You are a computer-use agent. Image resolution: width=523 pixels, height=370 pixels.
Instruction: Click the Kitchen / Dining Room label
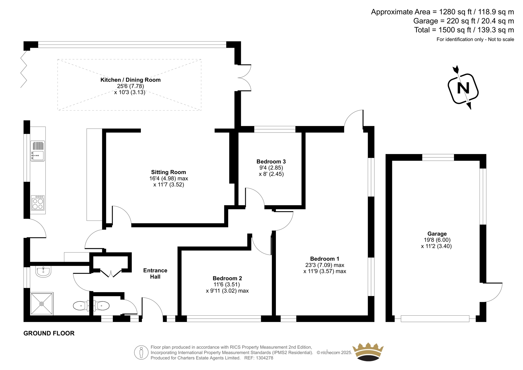tap(130, 80)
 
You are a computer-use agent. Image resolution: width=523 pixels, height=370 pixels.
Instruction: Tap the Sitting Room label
tap(169, 172)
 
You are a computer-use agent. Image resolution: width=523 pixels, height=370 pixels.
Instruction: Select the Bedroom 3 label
tap(271, 162)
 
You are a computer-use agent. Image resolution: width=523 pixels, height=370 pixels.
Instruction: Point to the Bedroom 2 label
tap(227, 278)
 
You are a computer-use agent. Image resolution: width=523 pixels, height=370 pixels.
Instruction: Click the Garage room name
tap(437, 234)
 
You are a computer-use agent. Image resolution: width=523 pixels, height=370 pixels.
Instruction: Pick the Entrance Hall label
tap(155, 273)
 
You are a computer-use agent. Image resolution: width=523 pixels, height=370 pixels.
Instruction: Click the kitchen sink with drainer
tap(38, 151)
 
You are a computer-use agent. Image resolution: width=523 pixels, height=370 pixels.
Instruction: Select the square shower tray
tap(42, 304)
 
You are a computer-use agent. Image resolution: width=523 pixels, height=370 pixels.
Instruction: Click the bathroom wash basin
tap(43, 272)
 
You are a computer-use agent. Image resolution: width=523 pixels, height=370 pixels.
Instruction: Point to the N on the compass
tap(463, 88)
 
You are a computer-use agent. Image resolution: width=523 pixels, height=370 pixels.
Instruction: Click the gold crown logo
tap(368, 352)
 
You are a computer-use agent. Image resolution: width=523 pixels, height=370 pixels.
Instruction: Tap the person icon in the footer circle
tap(141, 352)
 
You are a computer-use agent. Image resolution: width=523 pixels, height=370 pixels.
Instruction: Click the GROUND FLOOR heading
tap(49, 333)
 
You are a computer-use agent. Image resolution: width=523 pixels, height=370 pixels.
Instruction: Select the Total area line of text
tap(464, 30)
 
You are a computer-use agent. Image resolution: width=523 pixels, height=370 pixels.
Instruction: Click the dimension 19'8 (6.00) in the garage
tap(437, 240)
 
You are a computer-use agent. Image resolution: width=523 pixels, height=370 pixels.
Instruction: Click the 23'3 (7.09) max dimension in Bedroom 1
tap(325, 265)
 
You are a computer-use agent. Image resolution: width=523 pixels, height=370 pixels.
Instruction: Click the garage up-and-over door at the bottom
tap(435, 319)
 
